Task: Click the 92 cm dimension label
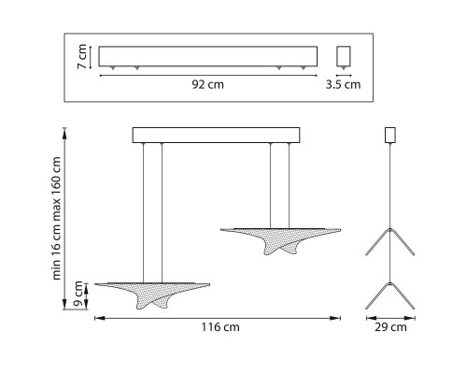[x=207, y=84]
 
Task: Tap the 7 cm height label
[x=82, y=56]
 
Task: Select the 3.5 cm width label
[x=343, y=84]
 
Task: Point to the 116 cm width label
[x=220, y=327]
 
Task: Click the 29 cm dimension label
[x=390, y=327]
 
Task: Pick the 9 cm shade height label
[x=78, y=294]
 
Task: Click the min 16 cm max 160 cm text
[x=56, y=218]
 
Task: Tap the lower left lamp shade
[x=152, y=295]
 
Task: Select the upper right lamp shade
[x=280, y=241]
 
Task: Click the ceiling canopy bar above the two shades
[x=216, y=135]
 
